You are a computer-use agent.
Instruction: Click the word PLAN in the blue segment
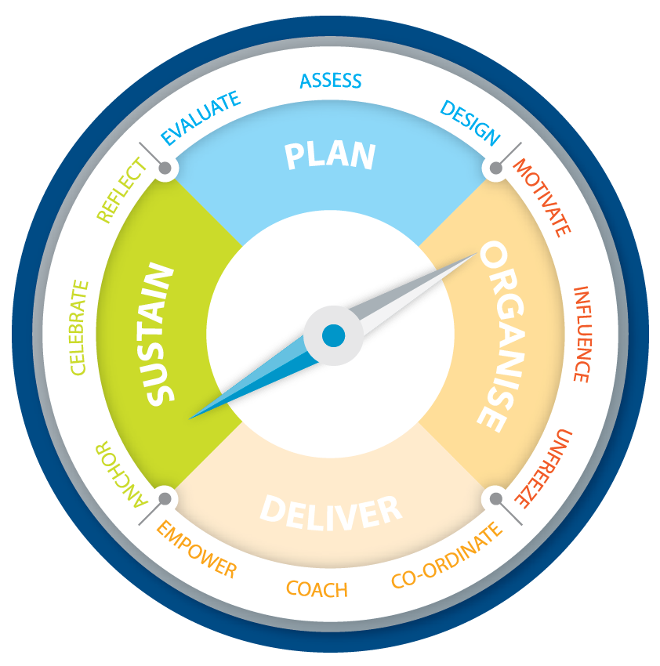pos(330,155)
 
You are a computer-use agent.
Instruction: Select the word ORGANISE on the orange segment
pos(501,337)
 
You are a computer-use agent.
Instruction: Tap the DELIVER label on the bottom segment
pos(331,511)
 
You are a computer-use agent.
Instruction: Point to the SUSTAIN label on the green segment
pos(159,335)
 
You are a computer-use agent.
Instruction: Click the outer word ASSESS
pos(331,81)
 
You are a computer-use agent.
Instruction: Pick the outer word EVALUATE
pos(200,118)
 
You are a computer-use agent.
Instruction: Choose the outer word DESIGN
pos(470,122)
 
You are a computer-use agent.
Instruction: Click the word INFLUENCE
pos(581,334)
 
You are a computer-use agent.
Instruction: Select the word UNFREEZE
pos(543,468)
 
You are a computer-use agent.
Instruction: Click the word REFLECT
pos(121,190)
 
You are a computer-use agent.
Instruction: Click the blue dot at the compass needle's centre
pos(333,335)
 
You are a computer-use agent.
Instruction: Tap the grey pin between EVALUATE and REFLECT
pos(165,168)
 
